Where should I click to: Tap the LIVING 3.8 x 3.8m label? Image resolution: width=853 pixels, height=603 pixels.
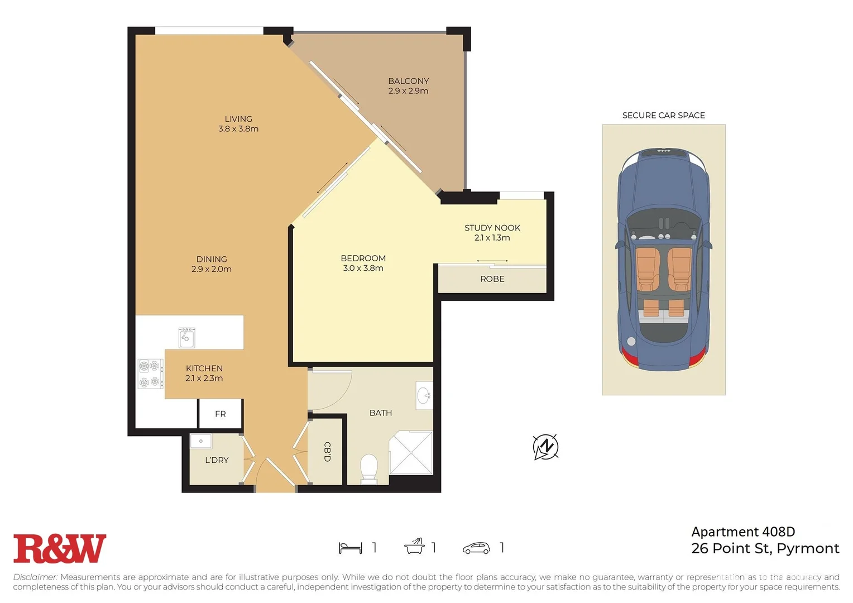point(238,124)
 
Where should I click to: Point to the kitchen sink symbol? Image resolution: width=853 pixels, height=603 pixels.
point(186,337)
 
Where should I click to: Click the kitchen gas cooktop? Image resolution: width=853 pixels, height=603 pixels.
point(150,374)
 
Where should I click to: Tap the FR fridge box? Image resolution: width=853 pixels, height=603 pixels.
point(221,414)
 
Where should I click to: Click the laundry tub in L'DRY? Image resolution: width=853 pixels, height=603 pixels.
point(200,441)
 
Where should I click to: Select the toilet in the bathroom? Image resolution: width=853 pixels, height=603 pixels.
point(369,468)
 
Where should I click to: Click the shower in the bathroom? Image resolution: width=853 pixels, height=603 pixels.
point(411,452)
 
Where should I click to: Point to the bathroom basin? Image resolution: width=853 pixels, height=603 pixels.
point(424,396)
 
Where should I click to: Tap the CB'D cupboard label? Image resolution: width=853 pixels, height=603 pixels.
point(328,451)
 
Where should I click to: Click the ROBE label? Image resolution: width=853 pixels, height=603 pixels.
point(492,279)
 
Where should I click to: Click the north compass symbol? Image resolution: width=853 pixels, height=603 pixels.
point(545,447)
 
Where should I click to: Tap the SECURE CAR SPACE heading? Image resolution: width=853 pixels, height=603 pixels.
point(663,115)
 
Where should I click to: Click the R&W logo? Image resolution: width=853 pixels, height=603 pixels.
point(59,548)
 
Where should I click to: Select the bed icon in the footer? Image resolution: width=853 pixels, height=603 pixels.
point(350,548)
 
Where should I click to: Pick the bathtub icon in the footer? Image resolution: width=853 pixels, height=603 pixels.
point(414,547)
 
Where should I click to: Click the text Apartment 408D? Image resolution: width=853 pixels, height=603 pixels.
point(743,532)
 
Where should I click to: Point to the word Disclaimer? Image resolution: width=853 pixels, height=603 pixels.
point(35,577)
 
